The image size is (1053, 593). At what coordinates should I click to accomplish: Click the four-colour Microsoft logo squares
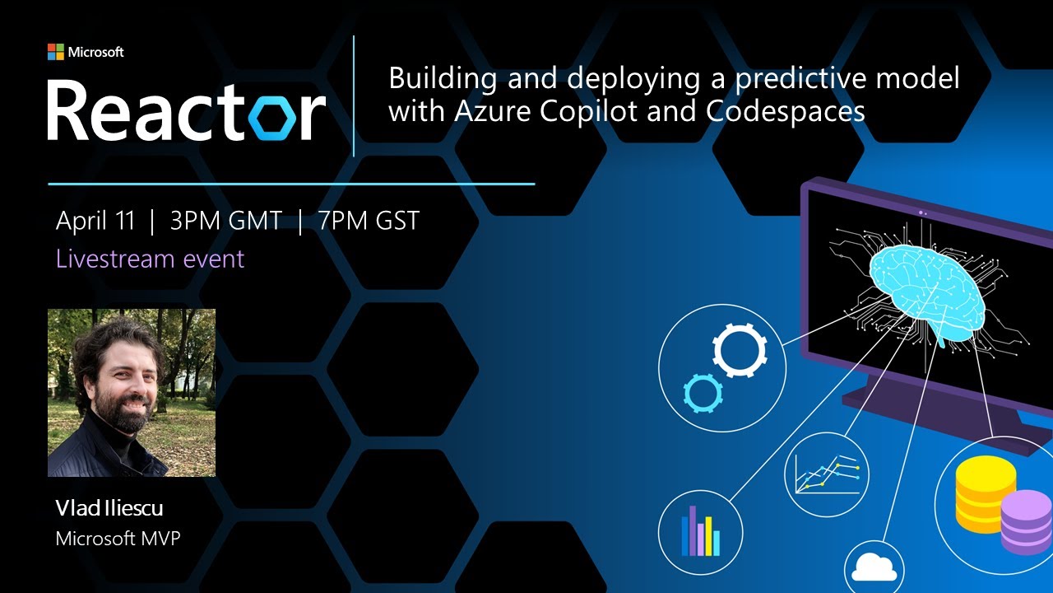pos(56,52)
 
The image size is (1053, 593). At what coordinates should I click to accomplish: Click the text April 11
pos(95,221)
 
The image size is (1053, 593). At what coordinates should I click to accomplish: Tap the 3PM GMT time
pos(225,221)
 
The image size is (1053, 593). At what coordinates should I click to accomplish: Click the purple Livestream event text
pos(150,259)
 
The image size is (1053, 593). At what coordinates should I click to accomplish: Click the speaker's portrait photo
pos(132,393)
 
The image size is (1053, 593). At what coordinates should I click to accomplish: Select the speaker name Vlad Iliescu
pos(109,508)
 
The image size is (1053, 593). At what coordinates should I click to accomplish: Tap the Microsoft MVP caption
pos(118,539)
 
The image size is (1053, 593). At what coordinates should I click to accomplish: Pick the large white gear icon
pos(740,351)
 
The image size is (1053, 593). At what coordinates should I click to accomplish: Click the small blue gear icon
pos(702,392)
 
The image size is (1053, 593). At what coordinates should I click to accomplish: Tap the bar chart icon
pos(700,531)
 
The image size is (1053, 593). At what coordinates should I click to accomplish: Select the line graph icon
pos(826,474)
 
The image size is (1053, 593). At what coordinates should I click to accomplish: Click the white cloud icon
pos(874,567)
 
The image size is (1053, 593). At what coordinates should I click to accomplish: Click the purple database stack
pos(1025,521)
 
